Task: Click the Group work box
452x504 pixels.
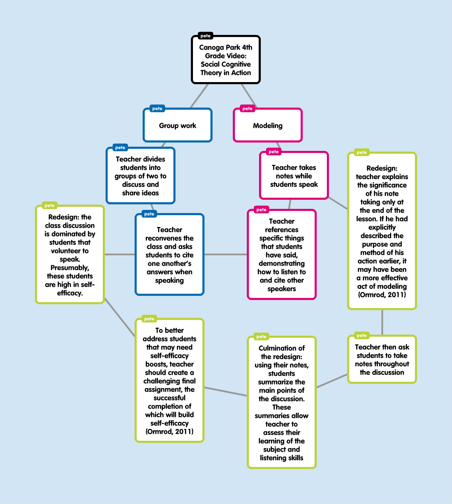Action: pyautogui.click(x=178, y=125)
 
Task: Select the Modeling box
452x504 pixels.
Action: pyautogui.click(x=268, y=125)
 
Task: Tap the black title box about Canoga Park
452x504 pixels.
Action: pyautogui.click(x=225, y=59)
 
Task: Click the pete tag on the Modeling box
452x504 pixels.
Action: pyautogui.click(x=247, y=109)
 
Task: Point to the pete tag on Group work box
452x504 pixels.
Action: pyautogui.click(x=157, y=109)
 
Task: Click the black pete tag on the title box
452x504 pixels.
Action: pyautogui.click(x=206, y=36)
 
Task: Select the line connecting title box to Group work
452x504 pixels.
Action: pyautogui.click(x=199, y=96)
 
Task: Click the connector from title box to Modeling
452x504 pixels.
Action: pyautogui.click(x=249, y=96)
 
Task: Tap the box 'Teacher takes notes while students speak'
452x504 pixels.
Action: pyautogui.click(x=294, y=175)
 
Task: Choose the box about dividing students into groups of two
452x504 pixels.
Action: pyautogui.click(x=141, y=175)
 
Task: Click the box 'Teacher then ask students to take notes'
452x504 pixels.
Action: pyautogui.click(x=382, y=359)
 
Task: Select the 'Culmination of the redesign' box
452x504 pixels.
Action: pyautogui.click(x=282, y=402)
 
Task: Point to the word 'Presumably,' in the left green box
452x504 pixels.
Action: pyautogui.click(x=70, y=268)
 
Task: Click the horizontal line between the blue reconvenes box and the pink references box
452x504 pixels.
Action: pyautogui.click(x=225, y=254)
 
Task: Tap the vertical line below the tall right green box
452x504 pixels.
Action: pyautogui.click(x=382, y=322)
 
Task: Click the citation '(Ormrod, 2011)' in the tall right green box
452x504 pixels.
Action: pyautogui.click(x=382, y=295)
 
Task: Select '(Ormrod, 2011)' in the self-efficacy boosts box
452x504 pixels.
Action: pyautogui.click(x=169, y=431)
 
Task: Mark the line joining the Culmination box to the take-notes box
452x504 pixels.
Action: pyautogui.click(x=332, y=381)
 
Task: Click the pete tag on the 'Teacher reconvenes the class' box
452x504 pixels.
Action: pyautogui.click(x=149, y=214)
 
